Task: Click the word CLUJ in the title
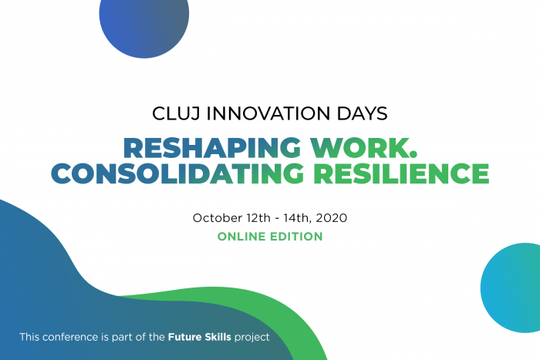(x=176, y=114)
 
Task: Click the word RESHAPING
(x=212, y=148)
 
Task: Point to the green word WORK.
(x=363, y=148)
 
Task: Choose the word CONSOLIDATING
(x=177, y=173)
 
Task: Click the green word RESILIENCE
(x=401, y=173)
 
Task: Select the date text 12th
(x=258, y=218)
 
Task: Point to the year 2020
(x=331, y=218)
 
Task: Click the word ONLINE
(x=241, y=237)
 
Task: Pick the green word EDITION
(x=296, y=237)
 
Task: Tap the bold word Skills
(x=218, y=337)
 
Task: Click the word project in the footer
(x=252, y=338)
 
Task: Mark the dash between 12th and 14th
(x=277, y=219)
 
